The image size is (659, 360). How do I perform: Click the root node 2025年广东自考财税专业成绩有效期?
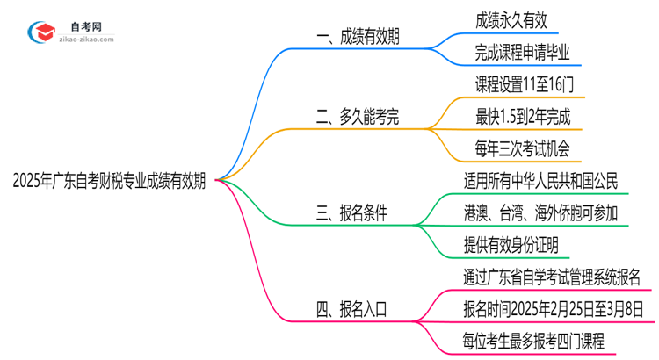pos(110,182)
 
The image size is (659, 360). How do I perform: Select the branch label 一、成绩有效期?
pos(361,38)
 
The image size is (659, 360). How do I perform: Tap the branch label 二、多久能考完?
pos(361,117)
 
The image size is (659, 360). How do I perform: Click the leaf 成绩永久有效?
pos(510,19)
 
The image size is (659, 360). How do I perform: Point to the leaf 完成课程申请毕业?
pos(522,53)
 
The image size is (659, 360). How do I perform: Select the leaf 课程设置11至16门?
pos(523,85)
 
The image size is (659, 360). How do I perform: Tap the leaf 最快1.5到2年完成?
pos(522,117)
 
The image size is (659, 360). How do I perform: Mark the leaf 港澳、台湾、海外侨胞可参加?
pos(540,212)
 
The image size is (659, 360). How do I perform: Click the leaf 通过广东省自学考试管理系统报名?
pos(552,277)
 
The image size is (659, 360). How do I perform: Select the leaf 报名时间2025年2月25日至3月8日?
pos(554,308)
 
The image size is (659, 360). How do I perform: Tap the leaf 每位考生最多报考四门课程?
pos(533,340)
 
